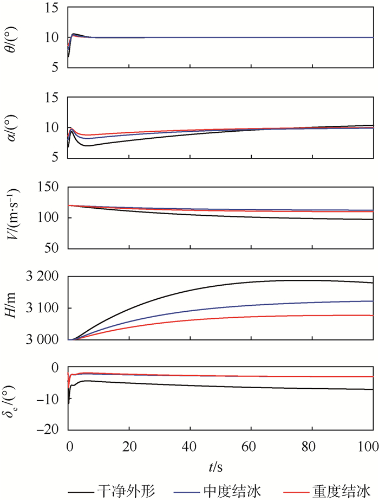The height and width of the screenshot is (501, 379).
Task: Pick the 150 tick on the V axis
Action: click(x=51, y=187)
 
